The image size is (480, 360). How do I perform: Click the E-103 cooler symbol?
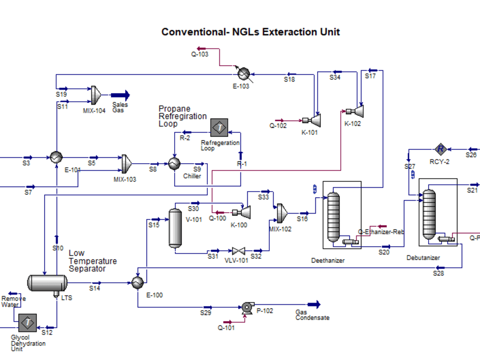click(244, 73)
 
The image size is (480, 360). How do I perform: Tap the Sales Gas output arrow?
click(120, 95)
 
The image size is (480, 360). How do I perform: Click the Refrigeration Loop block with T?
click(219, 128)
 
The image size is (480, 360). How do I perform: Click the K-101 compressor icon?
click(315, 119)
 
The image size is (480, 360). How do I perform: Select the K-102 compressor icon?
click(358, 111)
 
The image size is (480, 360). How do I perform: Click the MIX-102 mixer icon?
click(281, 212)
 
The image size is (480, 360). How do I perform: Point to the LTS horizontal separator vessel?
click(47, 283)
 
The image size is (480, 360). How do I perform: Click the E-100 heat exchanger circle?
click(138, 283)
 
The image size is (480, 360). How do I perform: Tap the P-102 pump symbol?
click(248, 308)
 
